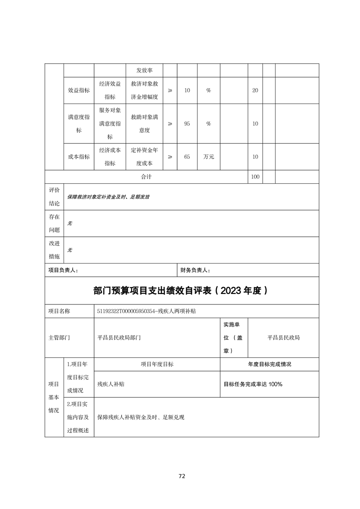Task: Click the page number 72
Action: pyautogui.click(x=182, y=476)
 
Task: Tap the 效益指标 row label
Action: pyautogui.click(x=79, y=90)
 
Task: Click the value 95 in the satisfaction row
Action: pyautogui.click(x=187, y=123)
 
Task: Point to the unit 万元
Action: pyautogui.click(x=208, y=157)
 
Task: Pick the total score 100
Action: pyautogui.click(x=255, y=176)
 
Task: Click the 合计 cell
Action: pyautogui.click(x=146, y=176)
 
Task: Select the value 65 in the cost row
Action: pyautogui.click(x=187, y=157)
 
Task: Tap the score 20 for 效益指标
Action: pyautogui.click(x=255, y=90)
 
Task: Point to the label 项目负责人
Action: pyautogui.click(x=63, y=270)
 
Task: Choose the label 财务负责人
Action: pyautogui.click(x=195, y=270)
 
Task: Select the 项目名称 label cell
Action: pyautogui.click(x=59, y=311)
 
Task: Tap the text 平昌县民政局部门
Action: pyautogui.click(x=119, y=338)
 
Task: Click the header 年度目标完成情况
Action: pyautogui.click(x=269, y=364)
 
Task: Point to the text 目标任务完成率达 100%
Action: pyautogui.click(x=253, y=384)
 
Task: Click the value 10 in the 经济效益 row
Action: pyautogui.click(x=187, y=90)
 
